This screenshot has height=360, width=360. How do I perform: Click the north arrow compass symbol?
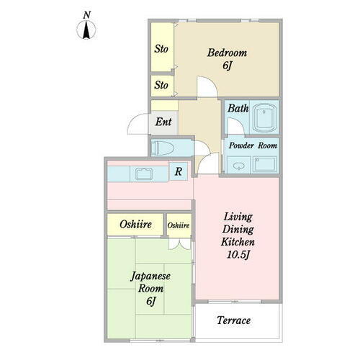tap(86, 30)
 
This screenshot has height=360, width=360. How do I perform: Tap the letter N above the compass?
tap(87, 15)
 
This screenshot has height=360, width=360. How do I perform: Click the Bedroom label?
tap(227, 53)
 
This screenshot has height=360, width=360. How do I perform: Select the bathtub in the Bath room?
tap(264, 117)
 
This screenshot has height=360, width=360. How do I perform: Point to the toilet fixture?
tap(163, 148)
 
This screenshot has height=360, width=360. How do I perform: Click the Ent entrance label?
tap(163, 122)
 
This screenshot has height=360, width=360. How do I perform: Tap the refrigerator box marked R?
tap(179, 171)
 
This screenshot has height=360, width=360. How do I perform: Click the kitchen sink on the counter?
tap(143, 174)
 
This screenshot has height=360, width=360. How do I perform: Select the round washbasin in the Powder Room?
tap(238, 166)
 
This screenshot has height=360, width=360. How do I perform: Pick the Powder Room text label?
tap(253, 145)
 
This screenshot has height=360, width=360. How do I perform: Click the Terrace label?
tap(233, 320)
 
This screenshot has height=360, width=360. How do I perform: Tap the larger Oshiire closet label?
tap(135, 225)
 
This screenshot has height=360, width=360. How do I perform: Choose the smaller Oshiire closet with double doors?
tap(179, 225)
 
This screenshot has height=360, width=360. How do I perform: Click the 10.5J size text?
tap(238, 255)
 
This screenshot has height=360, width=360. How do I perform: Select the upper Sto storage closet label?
tap(161, 49)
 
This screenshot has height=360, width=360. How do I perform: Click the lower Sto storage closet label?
tap(161, 85)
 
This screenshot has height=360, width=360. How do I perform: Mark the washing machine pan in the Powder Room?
tap(265, 164)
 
